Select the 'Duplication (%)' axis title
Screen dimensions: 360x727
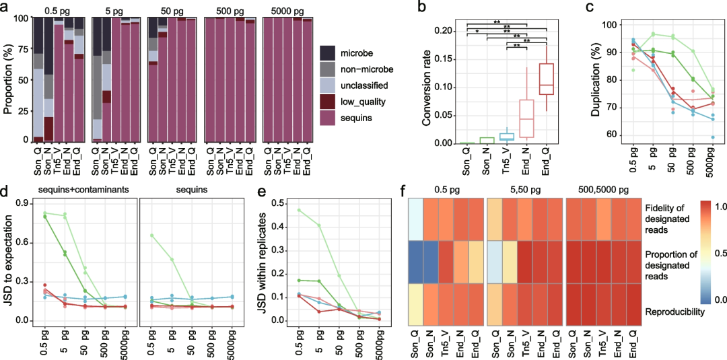(594, 79)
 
